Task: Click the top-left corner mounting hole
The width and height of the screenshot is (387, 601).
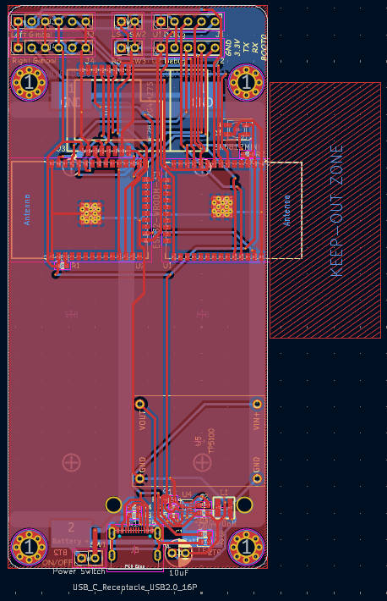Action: click(30, 82)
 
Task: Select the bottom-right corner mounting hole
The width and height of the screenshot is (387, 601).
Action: click(247, 546)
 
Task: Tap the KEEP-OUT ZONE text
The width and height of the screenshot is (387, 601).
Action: click(336, 211)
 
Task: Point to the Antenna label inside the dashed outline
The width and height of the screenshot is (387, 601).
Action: click(286, 208)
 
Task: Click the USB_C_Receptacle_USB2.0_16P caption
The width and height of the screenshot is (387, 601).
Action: click(136, 587)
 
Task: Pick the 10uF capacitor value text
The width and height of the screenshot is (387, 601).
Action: click(178, 573)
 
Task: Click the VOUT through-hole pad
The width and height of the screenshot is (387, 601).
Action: click(141, 404)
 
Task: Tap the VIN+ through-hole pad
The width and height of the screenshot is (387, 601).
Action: click(257, 404)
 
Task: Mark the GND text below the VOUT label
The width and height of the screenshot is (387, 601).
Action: click(142, 464)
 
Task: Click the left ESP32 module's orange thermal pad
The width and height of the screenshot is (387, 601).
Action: click(90, 212)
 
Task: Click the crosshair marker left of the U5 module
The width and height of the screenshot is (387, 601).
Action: click(72, 462)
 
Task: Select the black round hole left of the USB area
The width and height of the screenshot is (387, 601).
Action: click(113, 505)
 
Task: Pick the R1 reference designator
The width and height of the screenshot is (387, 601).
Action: click(75, 265)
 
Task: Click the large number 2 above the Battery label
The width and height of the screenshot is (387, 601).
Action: click(71, 527)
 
